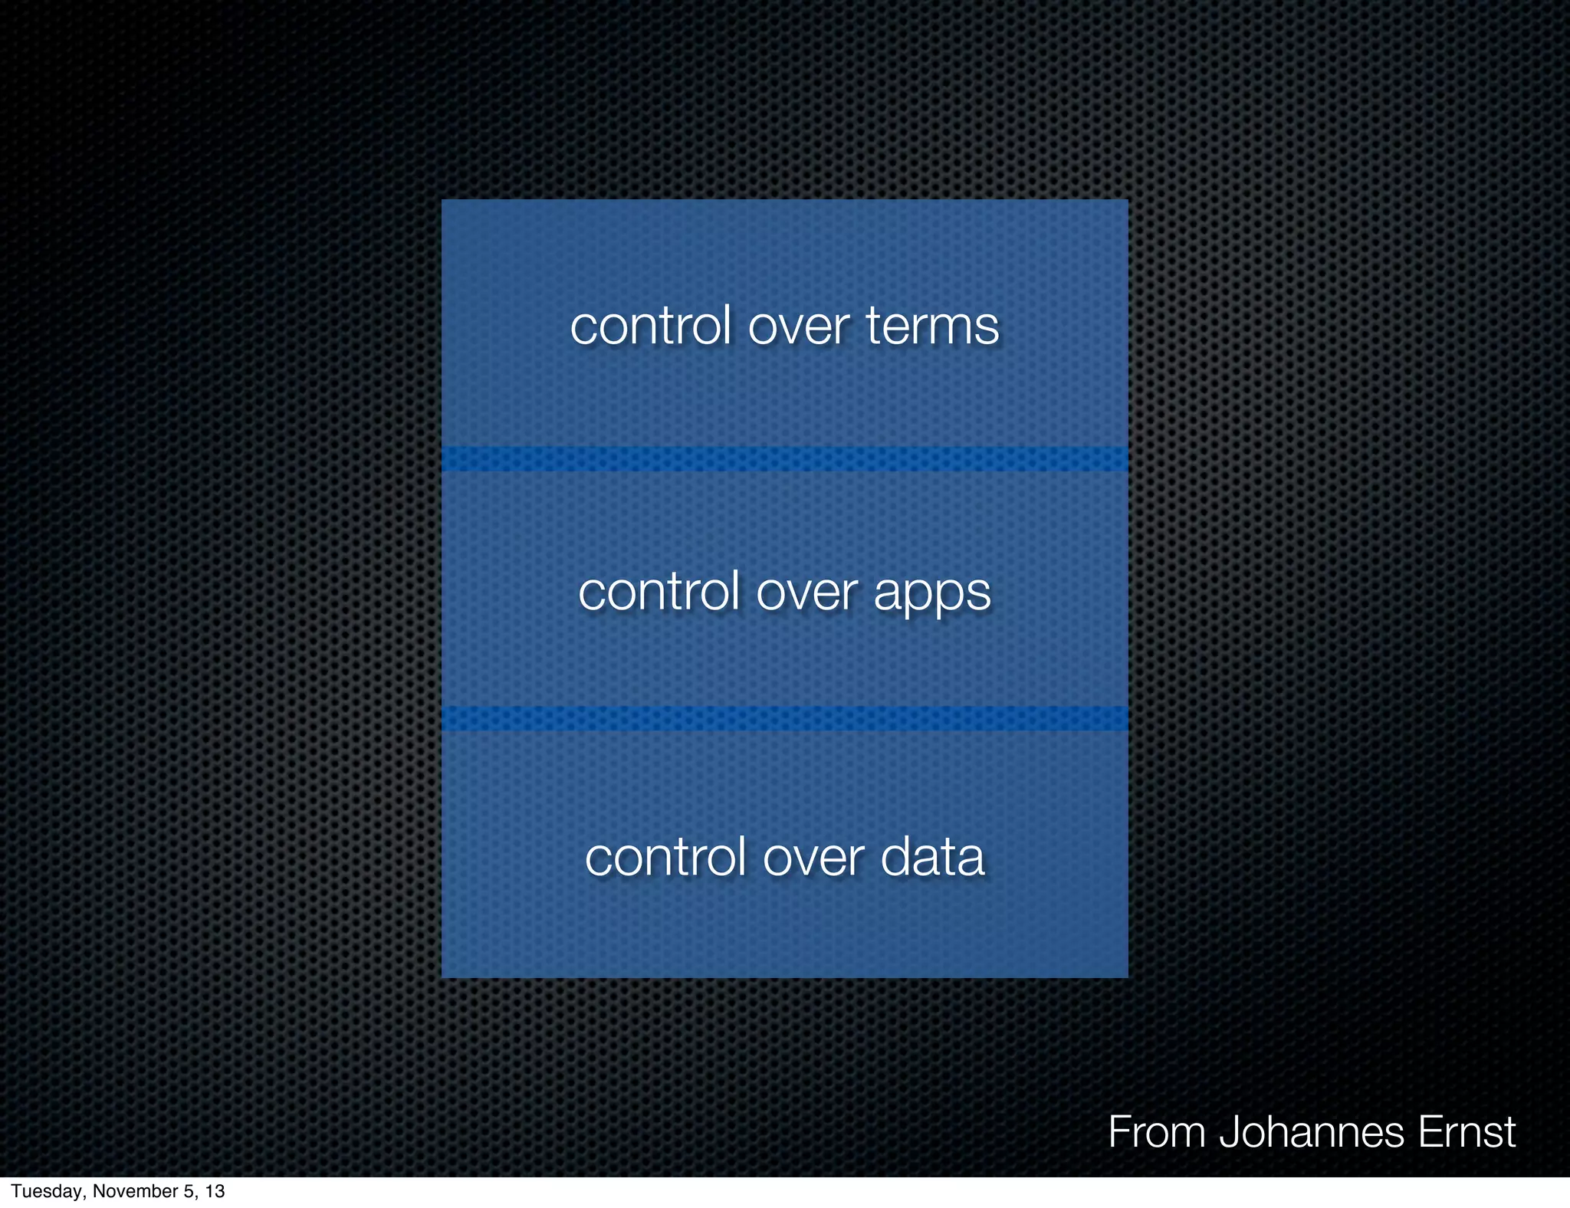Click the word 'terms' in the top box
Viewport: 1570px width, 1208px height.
tap(932, 327)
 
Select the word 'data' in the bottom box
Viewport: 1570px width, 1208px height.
tap(932, 858)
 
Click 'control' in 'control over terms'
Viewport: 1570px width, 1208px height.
tap(650, 327)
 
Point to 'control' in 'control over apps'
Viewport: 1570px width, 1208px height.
tap(659, 593)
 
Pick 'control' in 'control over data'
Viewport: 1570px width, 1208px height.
tap(665, 858)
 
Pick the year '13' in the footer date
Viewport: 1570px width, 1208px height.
tap(215, 1191)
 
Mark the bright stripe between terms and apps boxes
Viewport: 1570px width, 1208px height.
tap(784, 459)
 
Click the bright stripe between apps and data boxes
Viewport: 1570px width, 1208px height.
tap(784, 718)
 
